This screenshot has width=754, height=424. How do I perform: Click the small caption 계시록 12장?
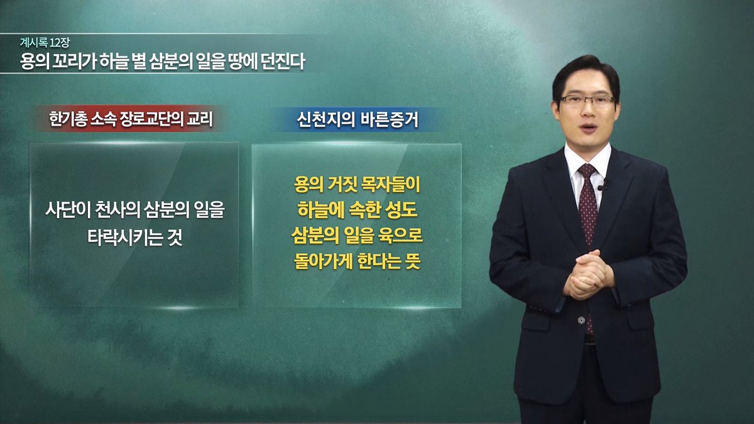coord(45,43)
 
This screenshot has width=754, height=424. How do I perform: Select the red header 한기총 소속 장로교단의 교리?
coord(129,119)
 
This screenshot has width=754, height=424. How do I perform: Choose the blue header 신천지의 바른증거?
coord(358,119)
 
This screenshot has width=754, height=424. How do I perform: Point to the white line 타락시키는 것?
coord(134,239)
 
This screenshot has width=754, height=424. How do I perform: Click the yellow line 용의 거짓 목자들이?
coord(356,187)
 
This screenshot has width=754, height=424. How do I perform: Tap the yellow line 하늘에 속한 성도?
coord(356,211)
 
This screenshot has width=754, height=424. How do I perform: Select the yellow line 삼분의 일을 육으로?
coord(356,236)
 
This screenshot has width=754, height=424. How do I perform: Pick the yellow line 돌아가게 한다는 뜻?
coord(356,261)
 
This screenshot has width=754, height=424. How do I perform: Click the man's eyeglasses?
coord(587,100)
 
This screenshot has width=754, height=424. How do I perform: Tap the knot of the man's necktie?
coord(587,171)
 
